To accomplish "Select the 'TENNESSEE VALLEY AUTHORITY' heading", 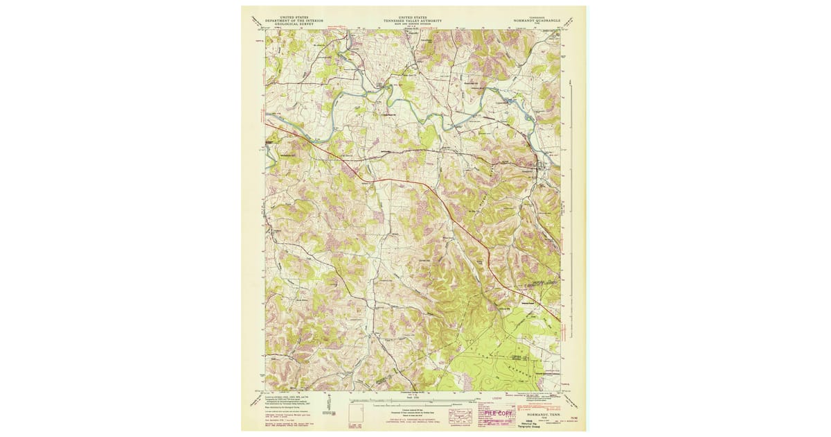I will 413,21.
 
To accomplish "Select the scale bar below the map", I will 413,402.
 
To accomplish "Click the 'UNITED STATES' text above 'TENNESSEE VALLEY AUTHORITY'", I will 413,17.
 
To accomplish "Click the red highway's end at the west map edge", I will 266,122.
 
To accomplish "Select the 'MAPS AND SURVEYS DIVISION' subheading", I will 413,25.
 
